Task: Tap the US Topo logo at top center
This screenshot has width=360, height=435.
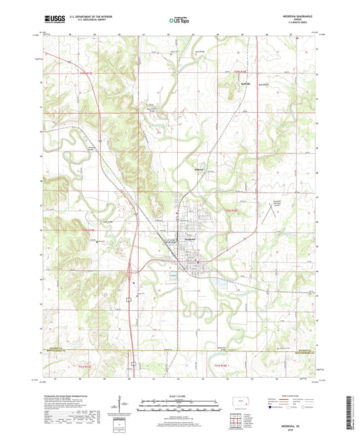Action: (179, 21)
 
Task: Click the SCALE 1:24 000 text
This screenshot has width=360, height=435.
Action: (180, 395)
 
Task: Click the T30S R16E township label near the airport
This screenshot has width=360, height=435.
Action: (232, 211)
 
